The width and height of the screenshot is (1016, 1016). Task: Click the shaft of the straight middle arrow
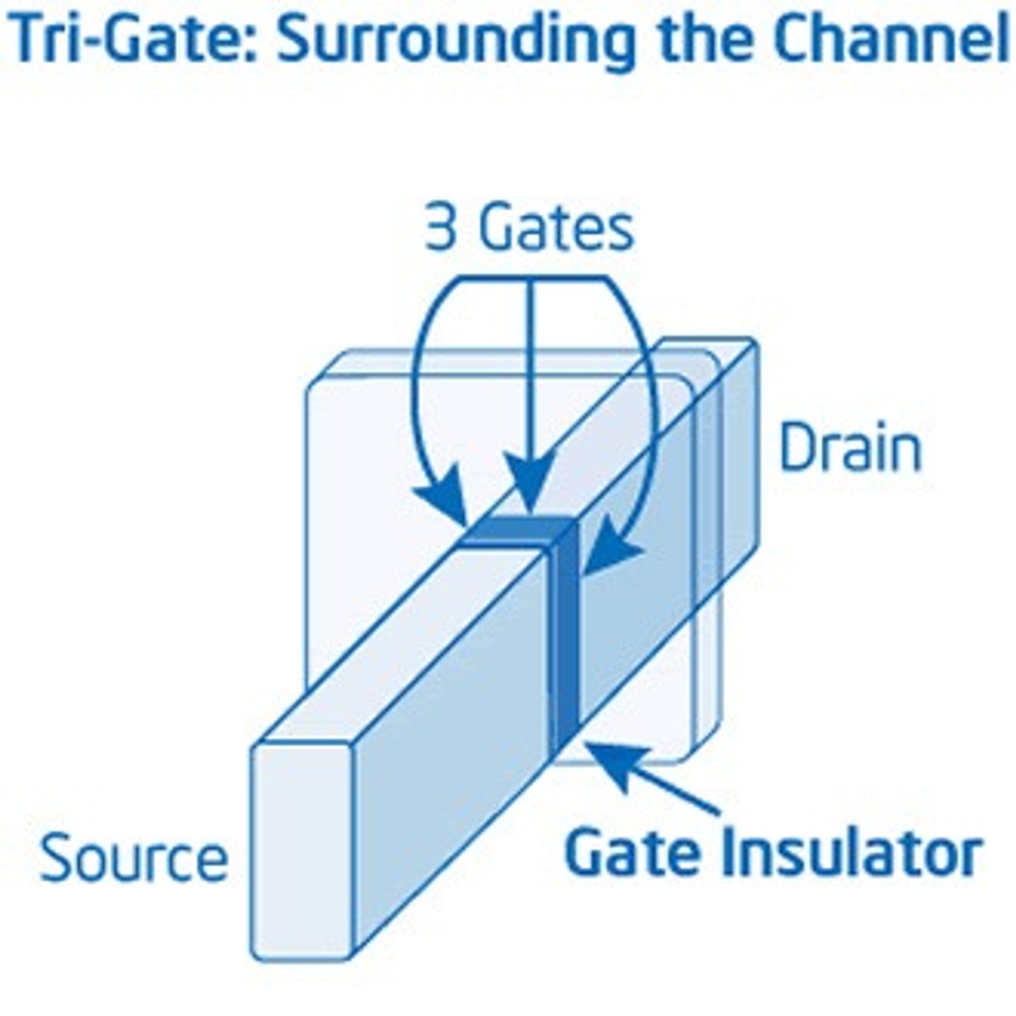point(530,368)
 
